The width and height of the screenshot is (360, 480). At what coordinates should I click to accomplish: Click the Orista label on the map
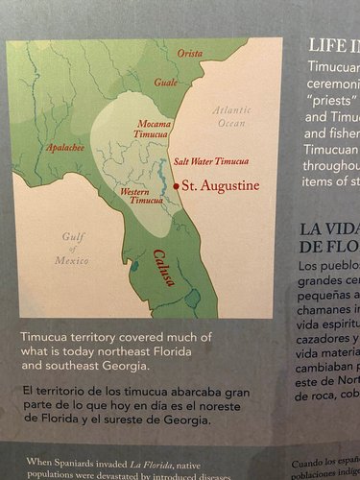pyautogui.click(x=189, y=53)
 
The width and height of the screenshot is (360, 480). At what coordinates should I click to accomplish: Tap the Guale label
pyautogui.click(x=166, y=83)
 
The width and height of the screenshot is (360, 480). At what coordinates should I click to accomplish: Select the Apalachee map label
pyautogui.click(x=65, y=147)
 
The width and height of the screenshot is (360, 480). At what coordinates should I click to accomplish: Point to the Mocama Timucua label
pyautogui.click(x=154, y=132)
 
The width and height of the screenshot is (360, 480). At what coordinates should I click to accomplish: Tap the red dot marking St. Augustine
pyautogui.click(x=176, y=184)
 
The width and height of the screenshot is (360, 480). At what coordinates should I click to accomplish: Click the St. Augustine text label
pyautogui.click(x=217, y=184)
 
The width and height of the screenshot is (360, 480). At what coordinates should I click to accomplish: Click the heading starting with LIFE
pyautogui.click(x=331, y=44)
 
